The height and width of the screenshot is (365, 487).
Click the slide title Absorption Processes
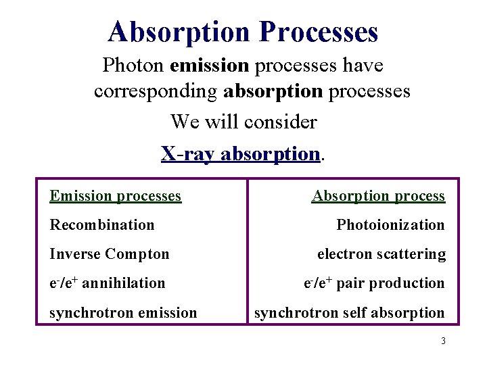click(x=243, y=32)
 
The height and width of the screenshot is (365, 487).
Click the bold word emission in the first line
click(x=210, y=66)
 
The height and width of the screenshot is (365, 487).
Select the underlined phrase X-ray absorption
click(x=240, y=153)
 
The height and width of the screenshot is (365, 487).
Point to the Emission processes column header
click(x=116, y=196)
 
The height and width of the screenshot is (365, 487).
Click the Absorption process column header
click(x=378, y=196)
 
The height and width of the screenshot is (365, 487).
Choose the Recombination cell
click(x=102, y=225)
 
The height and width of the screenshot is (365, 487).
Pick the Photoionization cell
click(x=390, y=225)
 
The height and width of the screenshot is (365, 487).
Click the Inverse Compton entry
click(x=110, y=254)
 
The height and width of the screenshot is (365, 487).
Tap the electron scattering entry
click(x=381, y=254)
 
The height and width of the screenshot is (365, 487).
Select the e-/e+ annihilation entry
click(x=108, y=283)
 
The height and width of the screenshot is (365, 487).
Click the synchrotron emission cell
click(x=124, y=312)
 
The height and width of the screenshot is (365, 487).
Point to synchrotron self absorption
click(x=349, y=312)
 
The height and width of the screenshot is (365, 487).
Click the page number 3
click(x=443, y=341)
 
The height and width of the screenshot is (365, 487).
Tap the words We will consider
click(x=243, y=122)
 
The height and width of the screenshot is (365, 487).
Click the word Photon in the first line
click(x=134, y=66)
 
